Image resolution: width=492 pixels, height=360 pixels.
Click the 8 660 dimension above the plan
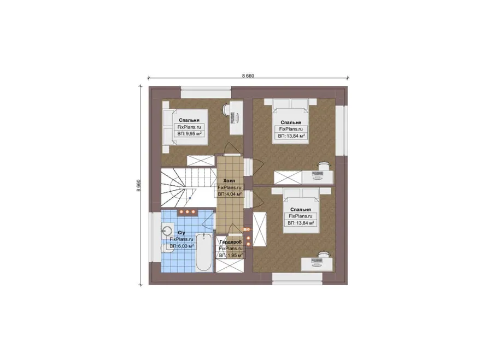(248, 76)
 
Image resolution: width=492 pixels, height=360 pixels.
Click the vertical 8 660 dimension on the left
(138, 185)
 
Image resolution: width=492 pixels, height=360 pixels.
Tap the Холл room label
(229, 181)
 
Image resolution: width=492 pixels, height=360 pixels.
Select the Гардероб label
(230, 242)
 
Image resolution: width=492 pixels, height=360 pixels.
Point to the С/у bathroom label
(181, 233)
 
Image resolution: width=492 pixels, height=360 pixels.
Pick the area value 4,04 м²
(230, 194)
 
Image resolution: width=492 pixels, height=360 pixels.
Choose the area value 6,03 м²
(181, 246)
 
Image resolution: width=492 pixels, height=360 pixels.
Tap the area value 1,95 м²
(231, 256)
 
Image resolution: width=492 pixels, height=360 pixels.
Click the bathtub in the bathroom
(204, 252)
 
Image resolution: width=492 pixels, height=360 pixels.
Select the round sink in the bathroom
(167, 231)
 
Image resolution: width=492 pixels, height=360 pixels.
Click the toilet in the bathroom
(166, 248)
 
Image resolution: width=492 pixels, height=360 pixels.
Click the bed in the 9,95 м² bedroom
(185, 127)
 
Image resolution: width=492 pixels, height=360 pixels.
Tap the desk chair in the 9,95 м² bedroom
(226, 109)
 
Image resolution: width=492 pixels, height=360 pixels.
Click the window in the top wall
(206, 94)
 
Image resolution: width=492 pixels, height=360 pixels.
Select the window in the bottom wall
(297, 279)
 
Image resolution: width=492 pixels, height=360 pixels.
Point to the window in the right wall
(341, 130)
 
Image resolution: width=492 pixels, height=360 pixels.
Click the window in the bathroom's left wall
(155, 238)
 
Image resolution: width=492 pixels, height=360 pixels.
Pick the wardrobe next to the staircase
(201, 161)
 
